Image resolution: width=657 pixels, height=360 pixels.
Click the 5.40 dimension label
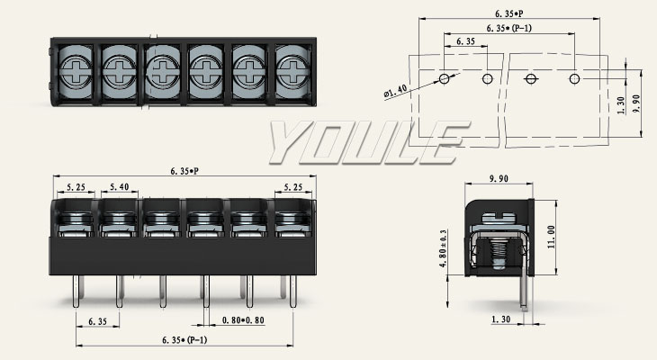click(118, 188)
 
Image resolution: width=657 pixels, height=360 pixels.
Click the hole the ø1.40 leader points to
click(445, 78)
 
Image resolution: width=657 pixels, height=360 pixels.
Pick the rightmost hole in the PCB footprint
click(574, 78)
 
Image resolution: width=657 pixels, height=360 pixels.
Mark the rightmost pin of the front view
click(285, 287)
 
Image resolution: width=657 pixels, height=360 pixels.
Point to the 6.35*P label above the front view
click(184, 171)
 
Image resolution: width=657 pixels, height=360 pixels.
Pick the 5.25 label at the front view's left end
click(76, 188)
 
